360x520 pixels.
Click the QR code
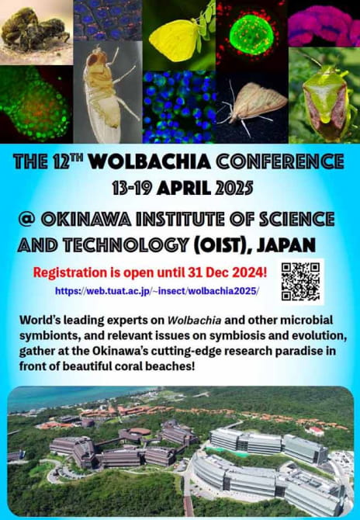coord(301,282)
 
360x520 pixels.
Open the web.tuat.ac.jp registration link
coord(157,291)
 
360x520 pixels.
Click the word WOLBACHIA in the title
coord(151,161)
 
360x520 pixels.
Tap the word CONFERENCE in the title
coord(280,161)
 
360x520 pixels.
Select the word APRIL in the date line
coord(184,188)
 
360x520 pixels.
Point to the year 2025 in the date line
coord(234,188)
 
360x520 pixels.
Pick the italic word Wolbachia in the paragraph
coord(194,321)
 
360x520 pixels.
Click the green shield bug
coord(326,99)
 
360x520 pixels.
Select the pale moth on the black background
coord(254,105)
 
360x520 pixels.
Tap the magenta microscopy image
coord(324,23)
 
